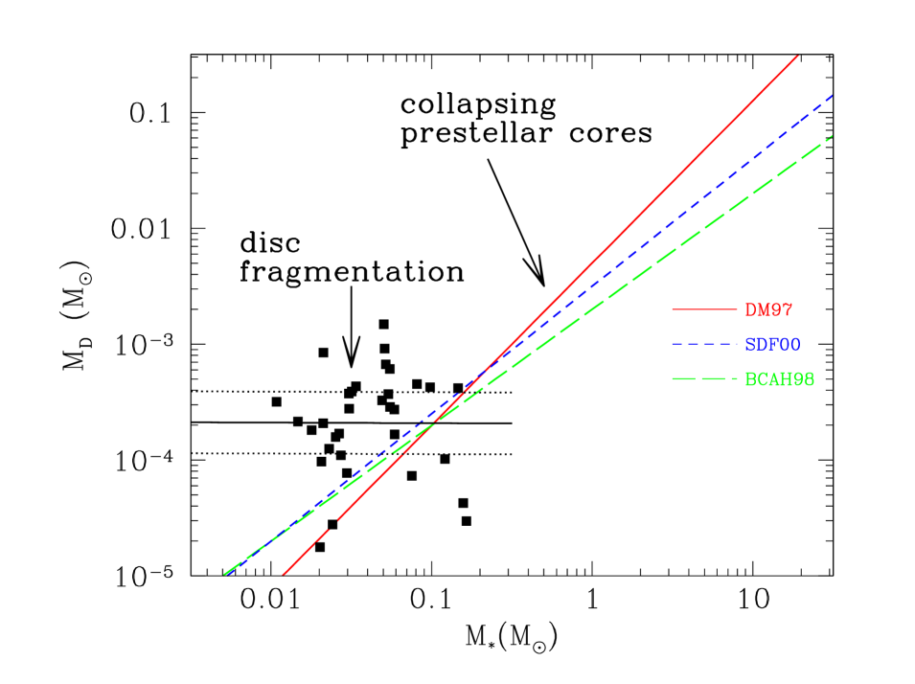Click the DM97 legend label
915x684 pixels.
[x=768, y=309]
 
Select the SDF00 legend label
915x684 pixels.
[x=772, y=344]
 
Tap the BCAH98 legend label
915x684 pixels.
[x=779, y=379]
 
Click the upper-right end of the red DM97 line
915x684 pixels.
[x=798, y=56]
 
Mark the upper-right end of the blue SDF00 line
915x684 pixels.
[x=833, y=96]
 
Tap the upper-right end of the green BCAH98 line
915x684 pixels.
[x=831, y=137]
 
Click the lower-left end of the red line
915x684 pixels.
[x=284, y=575]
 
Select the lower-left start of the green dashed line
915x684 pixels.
[x=226, y=574]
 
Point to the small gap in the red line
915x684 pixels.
[x=332, y=527]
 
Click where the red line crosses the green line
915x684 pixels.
[x=434, y=422]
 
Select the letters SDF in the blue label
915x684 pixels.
[x=761, y=344]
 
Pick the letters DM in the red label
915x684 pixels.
[x=757, y=309]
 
